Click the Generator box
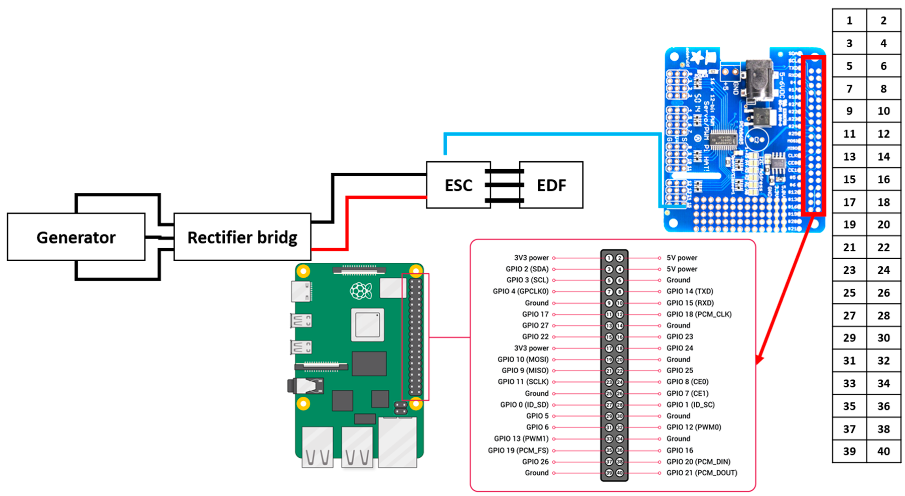[76, 237]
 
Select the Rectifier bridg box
[242, 237]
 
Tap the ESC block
[458, 185]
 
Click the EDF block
[551, 185]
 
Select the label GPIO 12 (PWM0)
[694, 427]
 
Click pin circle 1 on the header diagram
[609, 258]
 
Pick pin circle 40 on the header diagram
[620, 472]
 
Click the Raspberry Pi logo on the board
[360, 291]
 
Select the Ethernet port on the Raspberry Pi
[397, 442]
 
